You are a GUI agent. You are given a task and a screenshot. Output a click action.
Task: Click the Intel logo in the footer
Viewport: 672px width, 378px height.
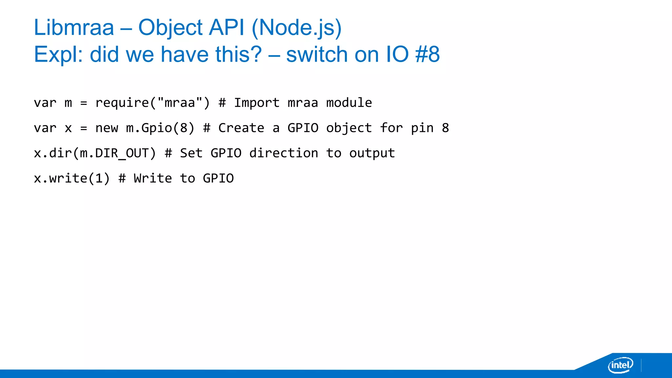coord(620,365)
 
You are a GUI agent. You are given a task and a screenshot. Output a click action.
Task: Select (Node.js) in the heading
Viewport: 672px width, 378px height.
coord(297,28)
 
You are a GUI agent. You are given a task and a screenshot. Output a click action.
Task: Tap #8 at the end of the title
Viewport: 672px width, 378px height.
coord(427,54)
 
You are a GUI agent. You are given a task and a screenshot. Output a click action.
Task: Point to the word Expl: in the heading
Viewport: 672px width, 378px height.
coord(58,55)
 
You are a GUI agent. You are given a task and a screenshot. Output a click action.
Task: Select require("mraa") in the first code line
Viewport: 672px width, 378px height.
coord(153,103)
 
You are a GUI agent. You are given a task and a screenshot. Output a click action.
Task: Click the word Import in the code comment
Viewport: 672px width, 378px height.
coord(257,103)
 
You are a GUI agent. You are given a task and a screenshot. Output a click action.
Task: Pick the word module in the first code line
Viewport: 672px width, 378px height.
coord(349,103)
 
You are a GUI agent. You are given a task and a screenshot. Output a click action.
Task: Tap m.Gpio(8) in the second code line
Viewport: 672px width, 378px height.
coord(160,128)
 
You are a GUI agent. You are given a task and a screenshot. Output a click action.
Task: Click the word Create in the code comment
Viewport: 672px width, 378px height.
coord(241,128)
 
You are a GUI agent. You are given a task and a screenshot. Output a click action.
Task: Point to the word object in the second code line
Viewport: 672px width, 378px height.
coord(349,128)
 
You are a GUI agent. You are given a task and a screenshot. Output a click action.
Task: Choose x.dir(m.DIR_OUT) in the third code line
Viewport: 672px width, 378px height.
coord(95,153)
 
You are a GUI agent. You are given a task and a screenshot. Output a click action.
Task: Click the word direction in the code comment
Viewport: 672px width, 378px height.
coord(283,153)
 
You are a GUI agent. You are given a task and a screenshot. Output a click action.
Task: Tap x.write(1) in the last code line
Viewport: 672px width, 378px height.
coord(72,178)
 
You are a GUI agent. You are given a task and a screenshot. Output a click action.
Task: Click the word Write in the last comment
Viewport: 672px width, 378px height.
coord(153,178)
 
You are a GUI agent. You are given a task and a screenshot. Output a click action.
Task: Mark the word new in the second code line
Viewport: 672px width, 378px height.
coord(107,128)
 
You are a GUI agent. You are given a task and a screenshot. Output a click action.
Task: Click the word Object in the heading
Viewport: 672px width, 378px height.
coord(170,28)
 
